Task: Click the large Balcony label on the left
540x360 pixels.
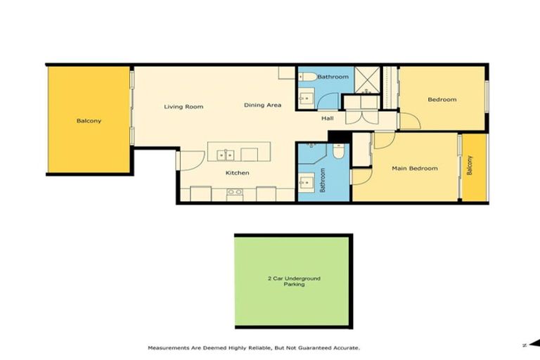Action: click(x=89, y=121)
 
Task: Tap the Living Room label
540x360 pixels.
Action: click(x=184, y=107)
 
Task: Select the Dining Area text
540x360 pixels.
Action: click(x=263, y=105)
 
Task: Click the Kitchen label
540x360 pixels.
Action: click(x=237, y=173)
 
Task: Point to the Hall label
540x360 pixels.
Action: click(x=328, y=119)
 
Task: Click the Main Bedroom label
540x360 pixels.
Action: click(x=415, y=169)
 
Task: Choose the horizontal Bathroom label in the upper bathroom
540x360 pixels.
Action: click(x=333, y=77)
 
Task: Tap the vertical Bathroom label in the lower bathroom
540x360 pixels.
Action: click(x=323, y=180)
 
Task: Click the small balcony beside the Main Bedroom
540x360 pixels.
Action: click(x=474, y=167)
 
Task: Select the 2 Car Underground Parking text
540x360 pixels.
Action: click(x=293, y=281)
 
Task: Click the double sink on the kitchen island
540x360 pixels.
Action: click(x=226, y=153)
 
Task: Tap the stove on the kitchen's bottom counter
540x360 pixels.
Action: click(x=234, y=192)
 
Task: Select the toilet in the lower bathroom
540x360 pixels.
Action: click(x=338, y=151)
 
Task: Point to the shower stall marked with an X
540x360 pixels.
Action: click(x=366, y=79)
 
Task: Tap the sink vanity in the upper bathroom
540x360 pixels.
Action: click(x=306, y=98)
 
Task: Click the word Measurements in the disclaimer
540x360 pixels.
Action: click(x=168, y=348)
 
